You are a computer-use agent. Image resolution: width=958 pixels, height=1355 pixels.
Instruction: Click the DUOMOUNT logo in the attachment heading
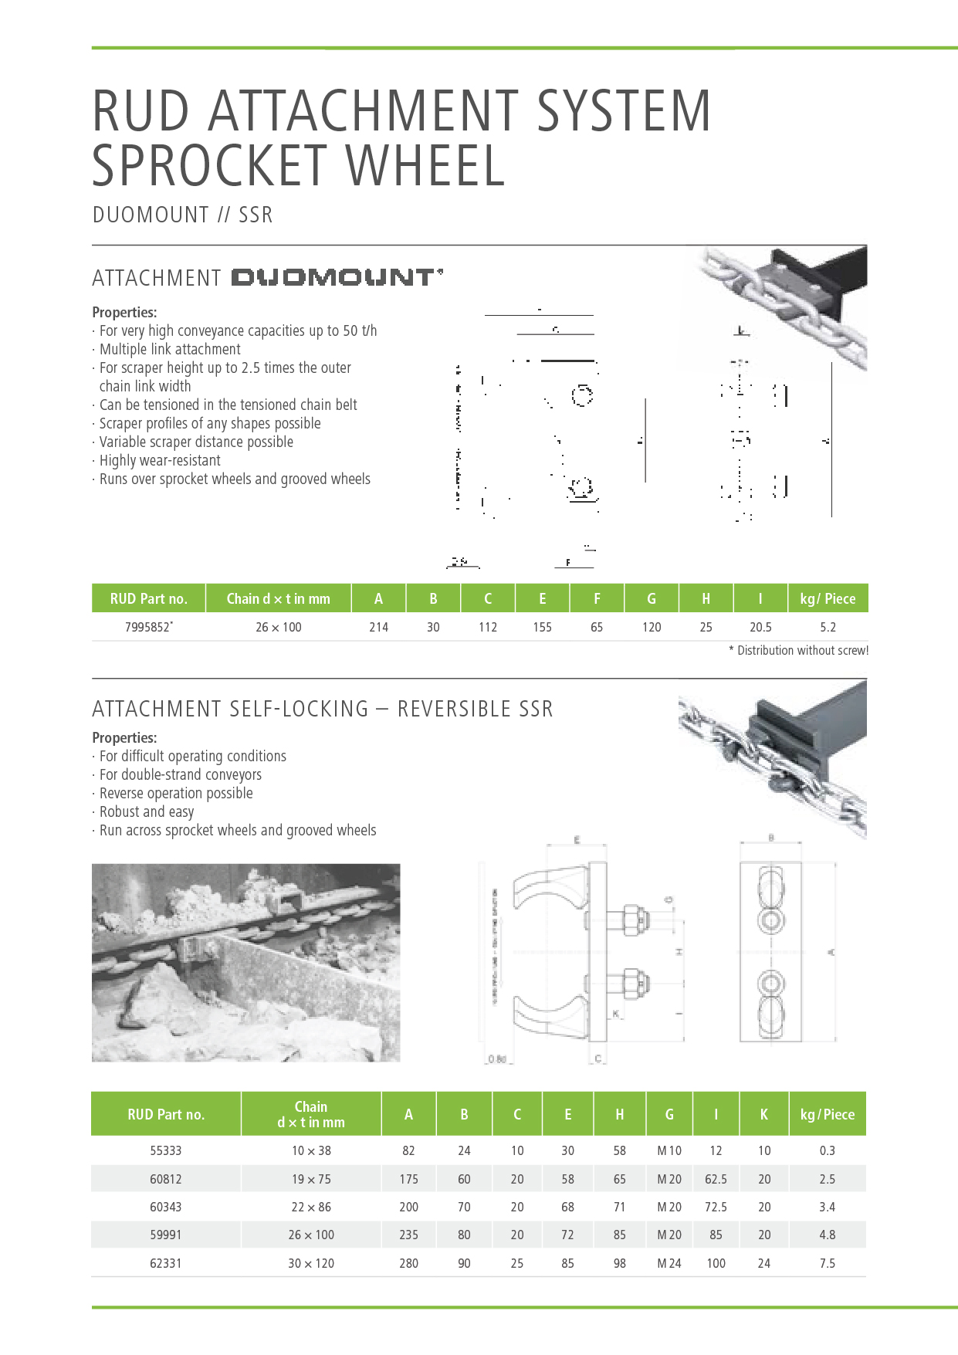[x=337, y=277]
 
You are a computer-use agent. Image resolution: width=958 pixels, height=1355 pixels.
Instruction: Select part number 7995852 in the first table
[x=148, y=627]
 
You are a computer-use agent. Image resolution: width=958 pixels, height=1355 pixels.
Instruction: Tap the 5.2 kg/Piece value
[x=828, y=627]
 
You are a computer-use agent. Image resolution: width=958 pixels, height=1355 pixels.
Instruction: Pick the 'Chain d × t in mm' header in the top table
[x=278, y=598]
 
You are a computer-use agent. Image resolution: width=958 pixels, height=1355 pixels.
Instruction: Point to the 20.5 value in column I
[x=760, y=627]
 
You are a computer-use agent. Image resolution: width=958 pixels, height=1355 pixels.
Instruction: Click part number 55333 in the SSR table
[x=166, y=1150]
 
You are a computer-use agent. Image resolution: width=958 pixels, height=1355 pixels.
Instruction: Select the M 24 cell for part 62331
[x=669, y=1263]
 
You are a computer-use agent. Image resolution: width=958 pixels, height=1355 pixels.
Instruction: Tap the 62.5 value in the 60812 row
[x=716, y=1179]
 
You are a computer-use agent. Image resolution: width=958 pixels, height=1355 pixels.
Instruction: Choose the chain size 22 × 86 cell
[x=311, y=1207]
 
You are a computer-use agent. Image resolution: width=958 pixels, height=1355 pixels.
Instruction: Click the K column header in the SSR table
[x=763, y=1114]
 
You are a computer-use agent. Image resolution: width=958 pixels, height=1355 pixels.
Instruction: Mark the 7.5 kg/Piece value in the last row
[x=827, y=1263]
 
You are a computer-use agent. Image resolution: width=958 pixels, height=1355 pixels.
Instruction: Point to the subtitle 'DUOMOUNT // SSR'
[x=182, y=215]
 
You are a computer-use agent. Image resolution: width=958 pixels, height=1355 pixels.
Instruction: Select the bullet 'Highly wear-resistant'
[x=160, y=460]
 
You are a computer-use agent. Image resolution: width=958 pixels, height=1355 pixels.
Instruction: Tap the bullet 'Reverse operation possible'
[x=176, y=793]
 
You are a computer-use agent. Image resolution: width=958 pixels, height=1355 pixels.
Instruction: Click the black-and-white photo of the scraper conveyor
[x=245, y=963]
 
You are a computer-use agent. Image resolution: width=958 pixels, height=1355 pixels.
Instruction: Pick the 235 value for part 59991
[x=408, y=1235]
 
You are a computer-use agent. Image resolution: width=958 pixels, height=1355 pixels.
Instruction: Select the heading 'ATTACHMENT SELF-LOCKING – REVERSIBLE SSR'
[x=323, y=709]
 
